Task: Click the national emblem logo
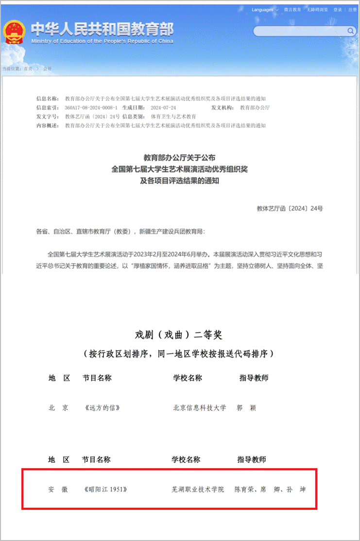15,32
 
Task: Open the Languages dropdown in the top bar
265,10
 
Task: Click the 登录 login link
337,10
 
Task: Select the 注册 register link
352,10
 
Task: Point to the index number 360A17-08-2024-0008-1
91,107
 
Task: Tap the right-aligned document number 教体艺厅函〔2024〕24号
290,208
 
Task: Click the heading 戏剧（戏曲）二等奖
179,335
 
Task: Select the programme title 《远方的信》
102,407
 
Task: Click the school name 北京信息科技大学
199,407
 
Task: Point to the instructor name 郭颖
245,407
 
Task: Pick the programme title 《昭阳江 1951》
105,489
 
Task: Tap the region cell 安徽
57,489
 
